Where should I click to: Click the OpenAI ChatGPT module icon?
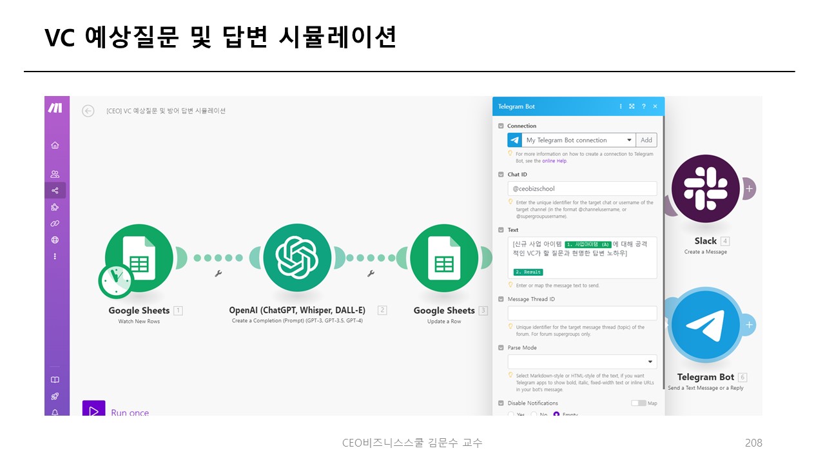(297, 258)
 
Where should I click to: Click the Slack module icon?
(705, 189)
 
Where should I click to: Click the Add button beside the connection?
(646, 140)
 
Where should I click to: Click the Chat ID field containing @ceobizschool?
(582, 189)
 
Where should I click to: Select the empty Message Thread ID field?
(582, 313)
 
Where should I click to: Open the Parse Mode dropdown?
(582, 362)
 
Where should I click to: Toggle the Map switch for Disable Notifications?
(638, 403)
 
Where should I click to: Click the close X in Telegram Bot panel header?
(655, 106)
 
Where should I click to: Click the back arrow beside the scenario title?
(88, 111)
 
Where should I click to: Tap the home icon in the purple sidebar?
(55, 146)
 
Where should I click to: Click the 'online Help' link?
(554, 161)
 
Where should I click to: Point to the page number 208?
(753, 443)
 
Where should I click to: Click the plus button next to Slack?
(749, 189)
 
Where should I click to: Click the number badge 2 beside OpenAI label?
(382, 311)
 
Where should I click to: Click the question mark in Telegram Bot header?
(643, 106)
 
